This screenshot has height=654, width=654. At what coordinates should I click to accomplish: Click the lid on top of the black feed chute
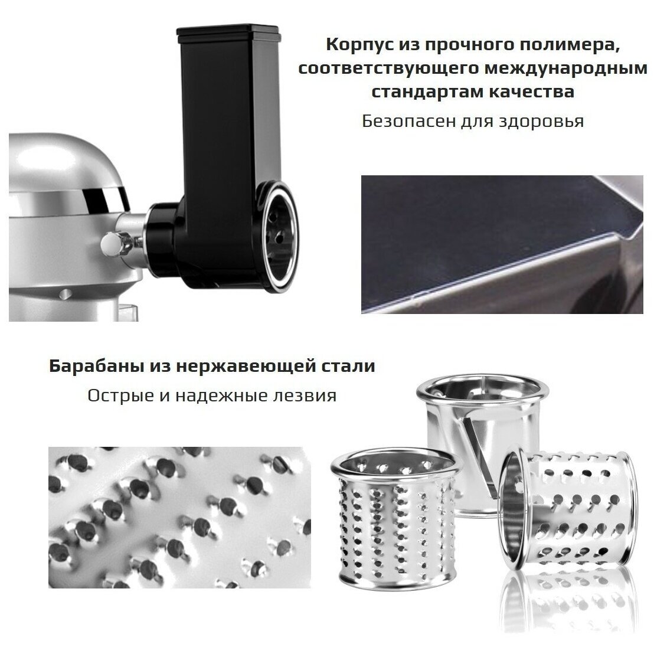[x=228, y=34]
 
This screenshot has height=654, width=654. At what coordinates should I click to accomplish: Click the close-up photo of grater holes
[x=179, y=518]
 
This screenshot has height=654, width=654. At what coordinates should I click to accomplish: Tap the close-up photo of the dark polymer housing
[x=502, y=244]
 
